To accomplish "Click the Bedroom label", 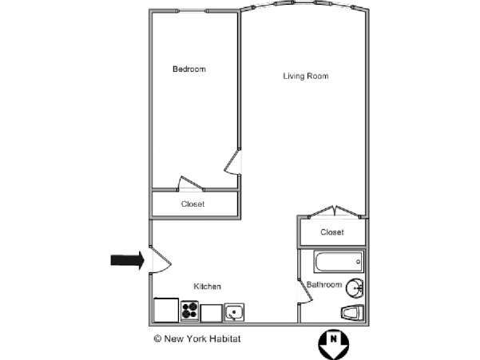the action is click(188, 69).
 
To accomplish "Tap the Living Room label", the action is click(306, 76).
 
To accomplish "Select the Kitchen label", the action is click(207, 287).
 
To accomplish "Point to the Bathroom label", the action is click(324, 284).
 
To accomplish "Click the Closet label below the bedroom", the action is click(192, 204).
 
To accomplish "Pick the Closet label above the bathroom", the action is click(331, 232).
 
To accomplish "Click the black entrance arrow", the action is click(127, 260).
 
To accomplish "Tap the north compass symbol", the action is click(334, 345).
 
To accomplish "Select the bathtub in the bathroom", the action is click(339, 262).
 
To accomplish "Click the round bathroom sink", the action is click(355, 287).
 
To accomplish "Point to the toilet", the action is click(352, 313).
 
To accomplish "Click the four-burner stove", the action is click(189, 311).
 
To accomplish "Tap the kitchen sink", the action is click(234, 312).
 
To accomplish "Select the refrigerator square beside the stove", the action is click(166, 310).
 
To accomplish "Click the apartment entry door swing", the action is click(160, 260).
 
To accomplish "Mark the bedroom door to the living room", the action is click(232, 162).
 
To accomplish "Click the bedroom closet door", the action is click(190, 184).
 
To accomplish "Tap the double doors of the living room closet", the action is click(335, 212).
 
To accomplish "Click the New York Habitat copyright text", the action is click(197, 338).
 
